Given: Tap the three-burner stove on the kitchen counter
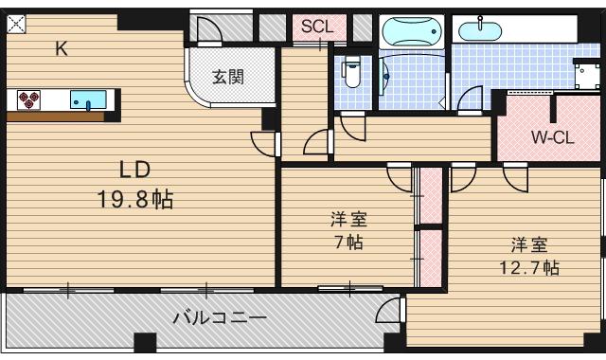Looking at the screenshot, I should (x=28, y=98).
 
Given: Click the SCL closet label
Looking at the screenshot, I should (x=317, y=27).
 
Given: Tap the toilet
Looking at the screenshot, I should (x=351, y=72).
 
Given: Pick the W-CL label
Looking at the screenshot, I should (x=552, y=136).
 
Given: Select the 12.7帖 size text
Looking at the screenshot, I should (x=529, y=266).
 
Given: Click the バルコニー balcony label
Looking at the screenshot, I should (x=219, y=317).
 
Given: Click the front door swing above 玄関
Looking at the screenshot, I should (x=209, y=32).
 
